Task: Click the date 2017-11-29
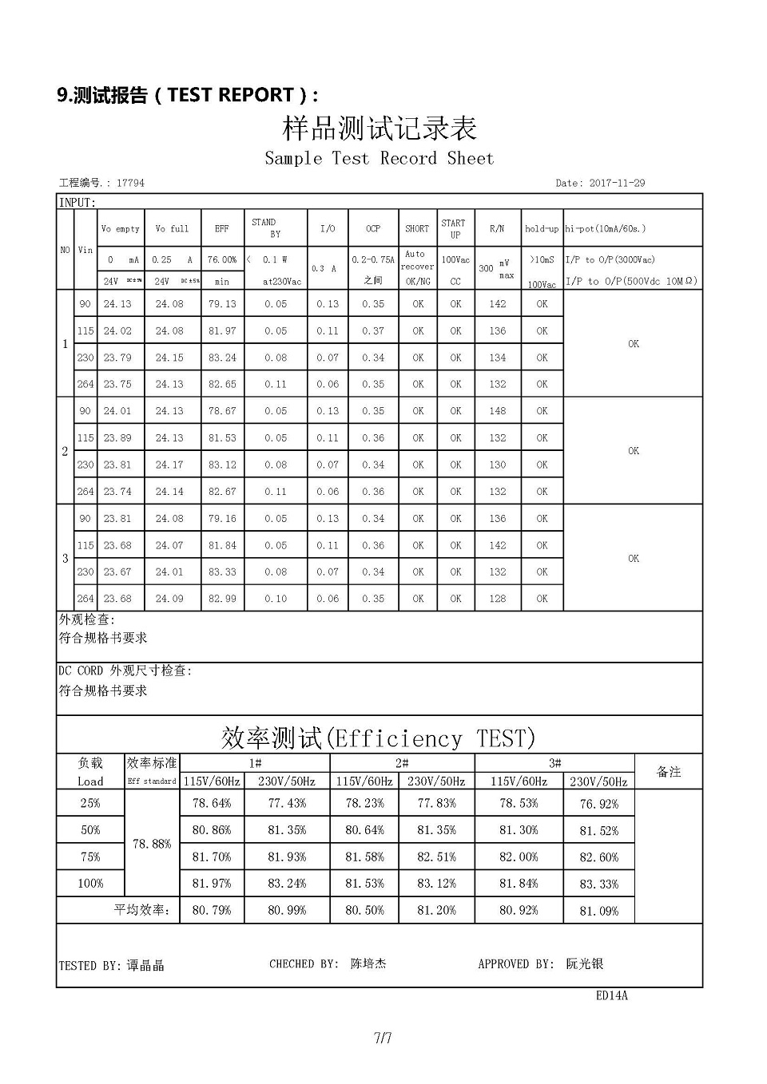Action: click(x=617, y=183)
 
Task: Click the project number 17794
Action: click(x=130, y=183)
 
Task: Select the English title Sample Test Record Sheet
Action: click(x=380, y=158)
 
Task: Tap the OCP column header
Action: click(x=373, y=228)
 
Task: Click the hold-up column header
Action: click(x=542, y=228)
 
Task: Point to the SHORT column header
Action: click(x=417, y=228)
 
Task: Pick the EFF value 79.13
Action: click(x=222, y=303)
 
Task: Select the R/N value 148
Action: click(x=498, y=411)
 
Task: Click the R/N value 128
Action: click(x=498, y=599)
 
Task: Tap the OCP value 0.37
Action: click(x=373, y=330)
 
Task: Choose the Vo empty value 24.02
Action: click(x=117, y=330)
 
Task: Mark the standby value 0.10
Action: click(x=276, y=599)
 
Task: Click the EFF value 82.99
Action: click(x=222, y=599)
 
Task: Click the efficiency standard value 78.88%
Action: click(x=152, y=844)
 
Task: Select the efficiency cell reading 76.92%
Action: click(x=599, y=804)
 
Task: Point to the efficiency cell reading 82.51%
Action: click(x=436, y=857)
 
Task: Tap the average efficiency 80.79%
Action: click(x=212, y=910)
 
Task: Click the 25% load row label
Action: click(x=90, y=803)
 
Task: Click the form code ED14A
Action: click(x=612, y=995)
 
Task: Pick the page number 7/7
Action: click(x=383, y=1039)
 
